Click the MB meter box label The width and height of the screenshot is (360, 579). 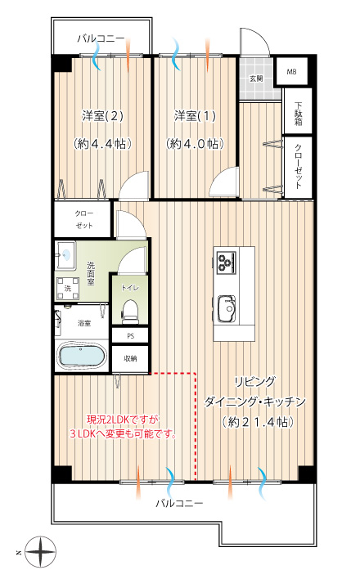pos(291,72)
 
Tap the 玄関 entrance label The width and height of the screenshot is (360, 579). pos(256,79)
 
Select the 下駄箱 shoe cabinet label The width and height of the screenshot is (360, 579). pos(299,114)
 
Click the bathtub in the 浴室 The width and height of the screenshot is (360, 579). pos(81,356)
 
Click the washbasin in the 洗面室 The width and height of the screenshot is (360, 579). pos(65,255)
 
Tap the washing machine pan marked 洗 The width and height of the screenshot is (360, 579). pos(68,288)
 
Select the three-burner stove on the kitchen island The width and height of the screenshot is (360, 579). pos(226,263)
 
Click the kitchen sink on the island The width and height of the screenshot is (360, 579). pos(227,308)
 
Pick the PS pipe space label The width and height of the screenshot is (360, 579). pos(130,336)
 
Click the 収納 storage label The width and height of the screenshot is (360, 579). pos(130,358)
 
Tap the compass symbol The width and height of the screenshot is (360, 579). pos(41,552)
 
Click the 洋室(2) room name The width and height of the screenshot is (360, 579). pos(102,116)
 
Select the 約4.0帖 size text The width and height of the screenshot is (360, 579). pos(195,144)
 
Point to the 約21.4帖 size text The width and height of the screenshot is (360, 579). pos(258,422)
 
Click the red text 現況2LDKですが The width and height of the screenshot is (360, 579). pos(123,420)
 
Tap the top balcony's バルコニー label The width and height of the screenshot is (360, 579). pos(101,38)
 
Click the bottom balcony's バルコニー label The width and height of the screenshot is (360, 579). pos(179,503)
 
